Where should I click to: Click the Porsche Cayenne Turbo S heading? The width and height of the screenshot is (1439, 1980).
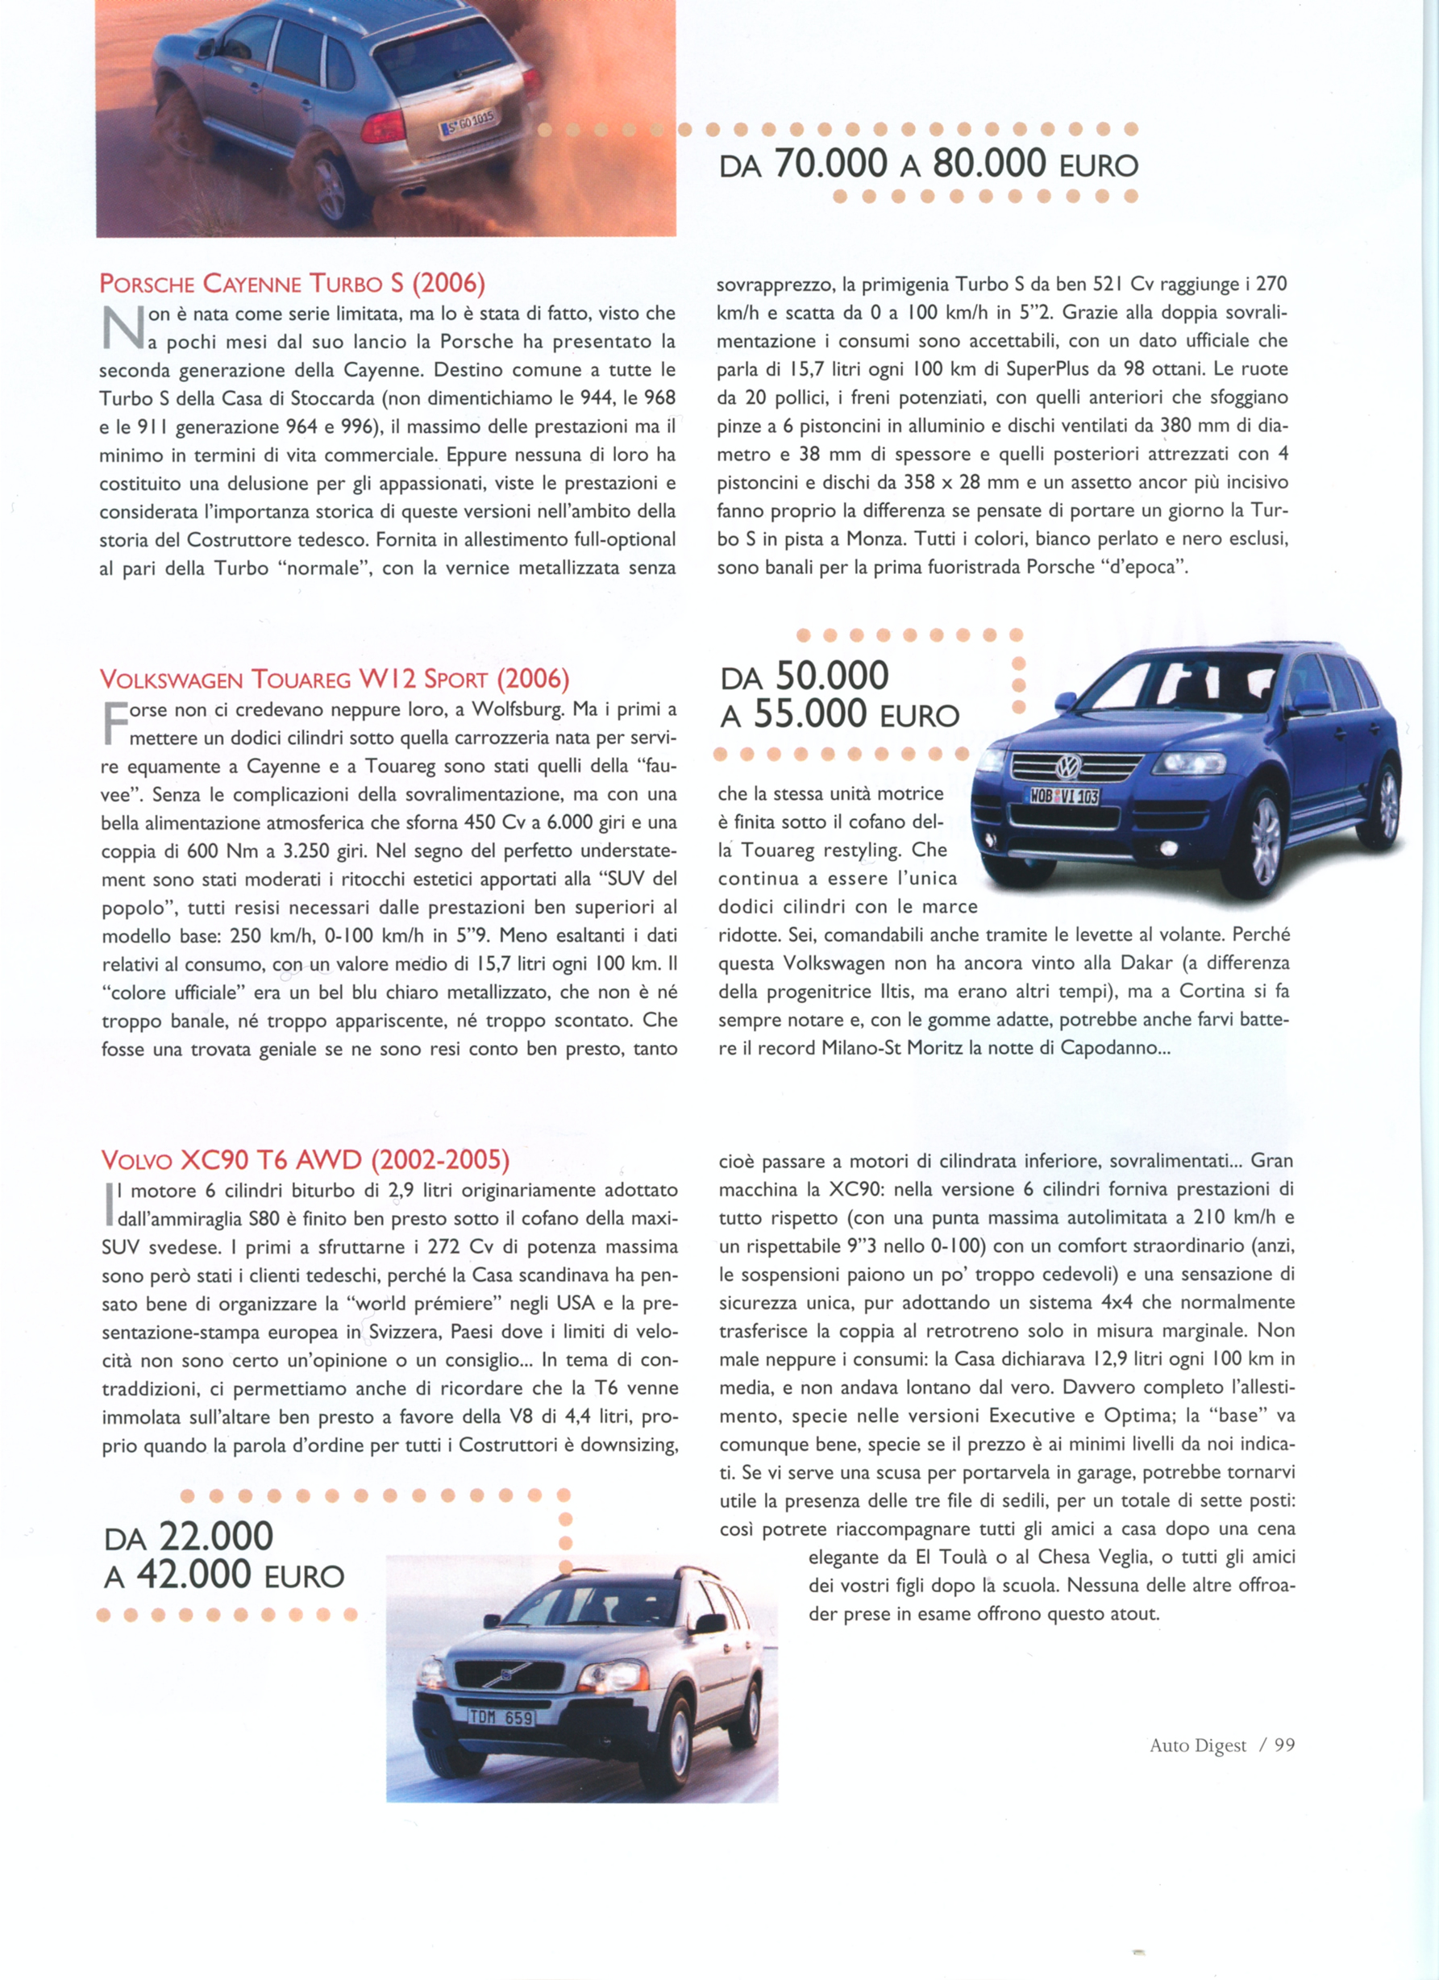[x=292, y=284]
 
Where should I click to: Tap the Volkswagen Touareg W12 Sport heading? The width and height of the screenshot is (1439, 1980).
[x=335, y=679]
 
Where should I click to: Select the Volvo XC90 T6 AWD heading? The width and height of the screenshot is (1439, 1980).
[x=305, y=1160]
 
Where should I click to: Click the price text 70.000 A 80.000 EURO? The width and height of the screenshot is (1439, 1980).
[x=929, y=164]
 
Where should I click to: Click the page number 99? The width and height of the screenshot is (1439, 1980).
[x=1284, y=1745]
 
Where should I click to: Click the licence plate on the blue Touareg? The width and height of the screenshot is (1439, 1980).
[x=1064, y=796]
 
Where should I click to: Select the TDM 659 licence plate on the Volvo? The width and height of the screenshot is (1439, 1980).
[x=501, y=1717]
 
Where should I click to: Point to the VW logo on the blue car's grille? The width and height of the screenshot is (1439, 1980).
[x=1068, y=767]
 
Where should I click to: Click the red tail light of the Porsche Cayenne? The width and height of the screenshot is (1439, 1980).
[x=382, y=127]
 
